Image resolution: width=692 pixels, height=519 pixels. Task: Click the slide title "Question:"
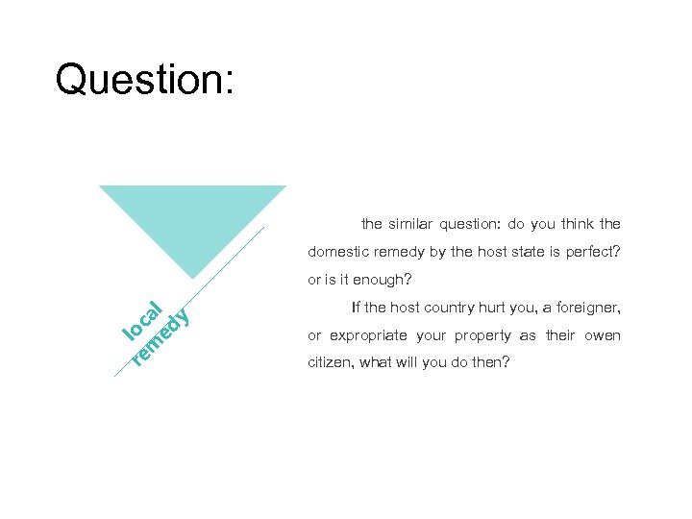click(144, 79)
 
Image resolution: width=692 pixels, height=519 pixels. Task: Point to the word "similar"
click(412, 224)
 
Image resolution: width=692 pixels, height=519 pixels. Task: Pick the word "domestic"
click(338, 252)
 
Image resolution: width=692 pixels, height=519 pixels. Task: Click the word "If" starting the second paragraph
click(357, 308)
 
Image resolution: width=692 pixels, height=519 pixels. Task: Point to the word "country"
click(452, 308)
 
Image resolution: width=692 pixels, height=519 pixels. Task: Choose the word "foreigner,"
click(588, 308)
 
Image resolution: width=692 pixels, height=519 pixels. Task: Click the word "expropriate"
click(366, 335)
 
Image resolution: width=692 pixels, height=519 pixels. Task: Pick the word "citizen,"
click(331, 363)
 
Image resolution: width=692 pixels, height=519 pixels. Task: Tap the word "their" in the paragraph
click(560, 335)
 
